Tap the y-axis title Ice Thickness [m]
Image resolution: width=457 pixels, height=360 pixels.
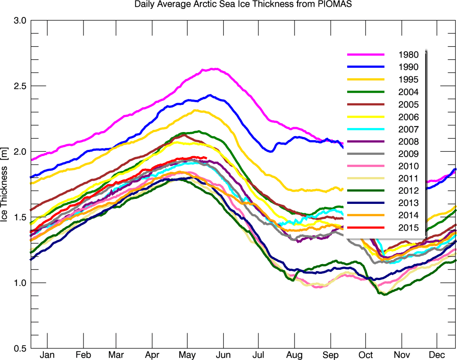pyautogui.click(x=6, y=184)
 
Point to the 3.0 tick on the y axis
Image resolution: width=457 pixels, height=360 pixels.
pyautogui.click(x=20, y=21)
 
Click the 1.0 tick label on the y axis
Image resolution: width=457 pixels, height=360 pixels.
pyautogui.click(x=20, y=283)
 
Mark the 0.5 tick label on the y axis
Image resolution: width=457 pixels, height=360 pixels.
pyautogui.click(x=20, y=348)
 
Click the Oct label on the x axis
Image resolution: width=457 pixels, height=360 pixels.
pyautogui.click(x=366, y=355)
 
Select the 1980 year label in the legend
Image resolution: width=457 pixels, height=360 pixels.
pyautogui.click(x=409, y=55)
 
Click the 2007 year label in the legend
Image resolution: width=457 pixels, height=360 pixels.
pyautogui.click(x=409, y=129)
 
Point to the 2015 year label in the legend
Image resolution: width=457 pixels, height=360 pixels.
pyautogui.click(x=409, y=228)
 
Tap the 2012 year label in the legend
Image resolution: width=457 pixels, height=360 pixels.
pyautogui.click(x=409, y=191)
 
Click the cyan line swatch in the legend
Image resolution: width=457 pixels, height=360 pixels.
pyautogui.click(x=366, y=129)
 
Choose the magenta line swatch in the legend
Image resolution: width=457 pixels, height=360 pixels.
pyautogui.click(x=366, y=54)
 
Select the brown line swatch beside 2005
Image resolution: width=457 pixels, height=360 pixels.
pyautogui.click(x=366, y=104)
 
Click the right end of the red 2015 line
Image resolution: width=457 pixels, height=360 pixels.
pyautogui.click(x=205, y=157)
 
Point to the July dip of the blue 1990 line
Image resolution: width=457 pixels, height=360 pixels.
pyautogui.click(x=270, y=151)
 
